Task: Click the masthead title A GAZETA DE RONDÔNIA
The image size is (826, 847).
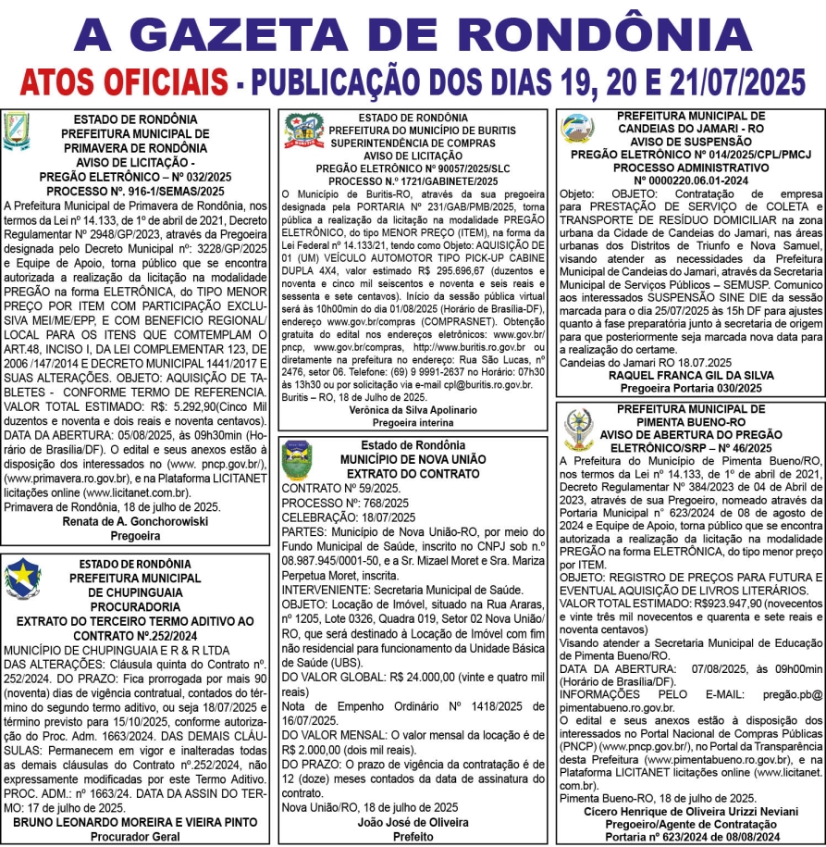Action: tap(413, 33)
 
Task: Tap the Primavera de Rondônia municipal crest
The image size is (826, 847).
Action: tap(17, 131)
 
